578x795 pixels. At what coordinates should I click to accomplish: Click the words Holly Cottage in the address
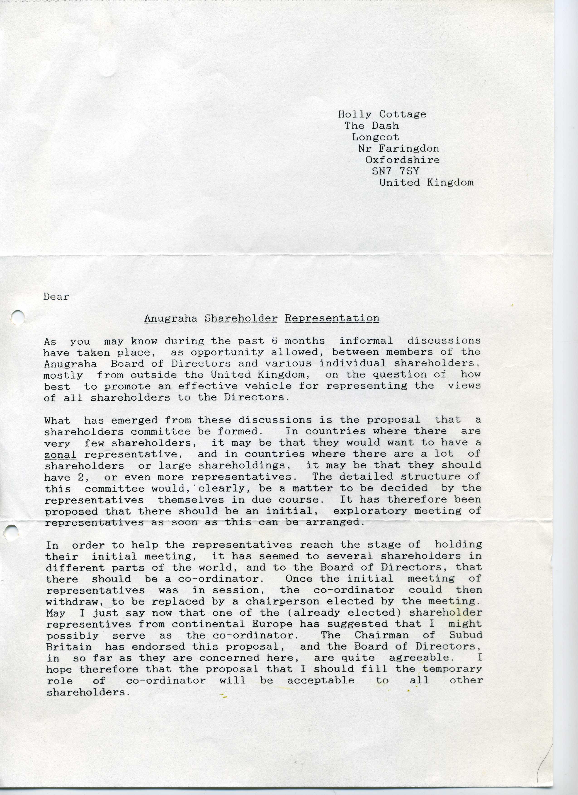coord(382,114)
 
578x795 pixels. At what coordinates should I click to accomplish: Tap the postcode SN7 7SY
coord(395,171)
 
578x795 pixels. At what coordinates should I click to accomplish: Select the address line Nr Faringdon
coord(398,148)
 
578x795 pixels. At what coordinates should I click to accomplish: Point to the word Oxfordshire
coord(402,160)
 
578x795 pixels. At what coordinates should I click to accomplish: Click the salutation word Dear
coord(56,297)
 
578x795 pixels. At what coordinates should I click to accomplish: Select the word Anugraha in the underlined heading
coord(170,318)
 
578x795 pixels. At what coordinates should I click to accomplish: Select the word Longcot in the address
coord(375,137)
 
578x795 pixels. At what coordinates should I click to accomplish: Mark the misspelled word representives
coord(88,624)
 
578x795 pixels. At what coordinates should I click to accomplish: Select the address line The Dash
coord(372,126)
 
